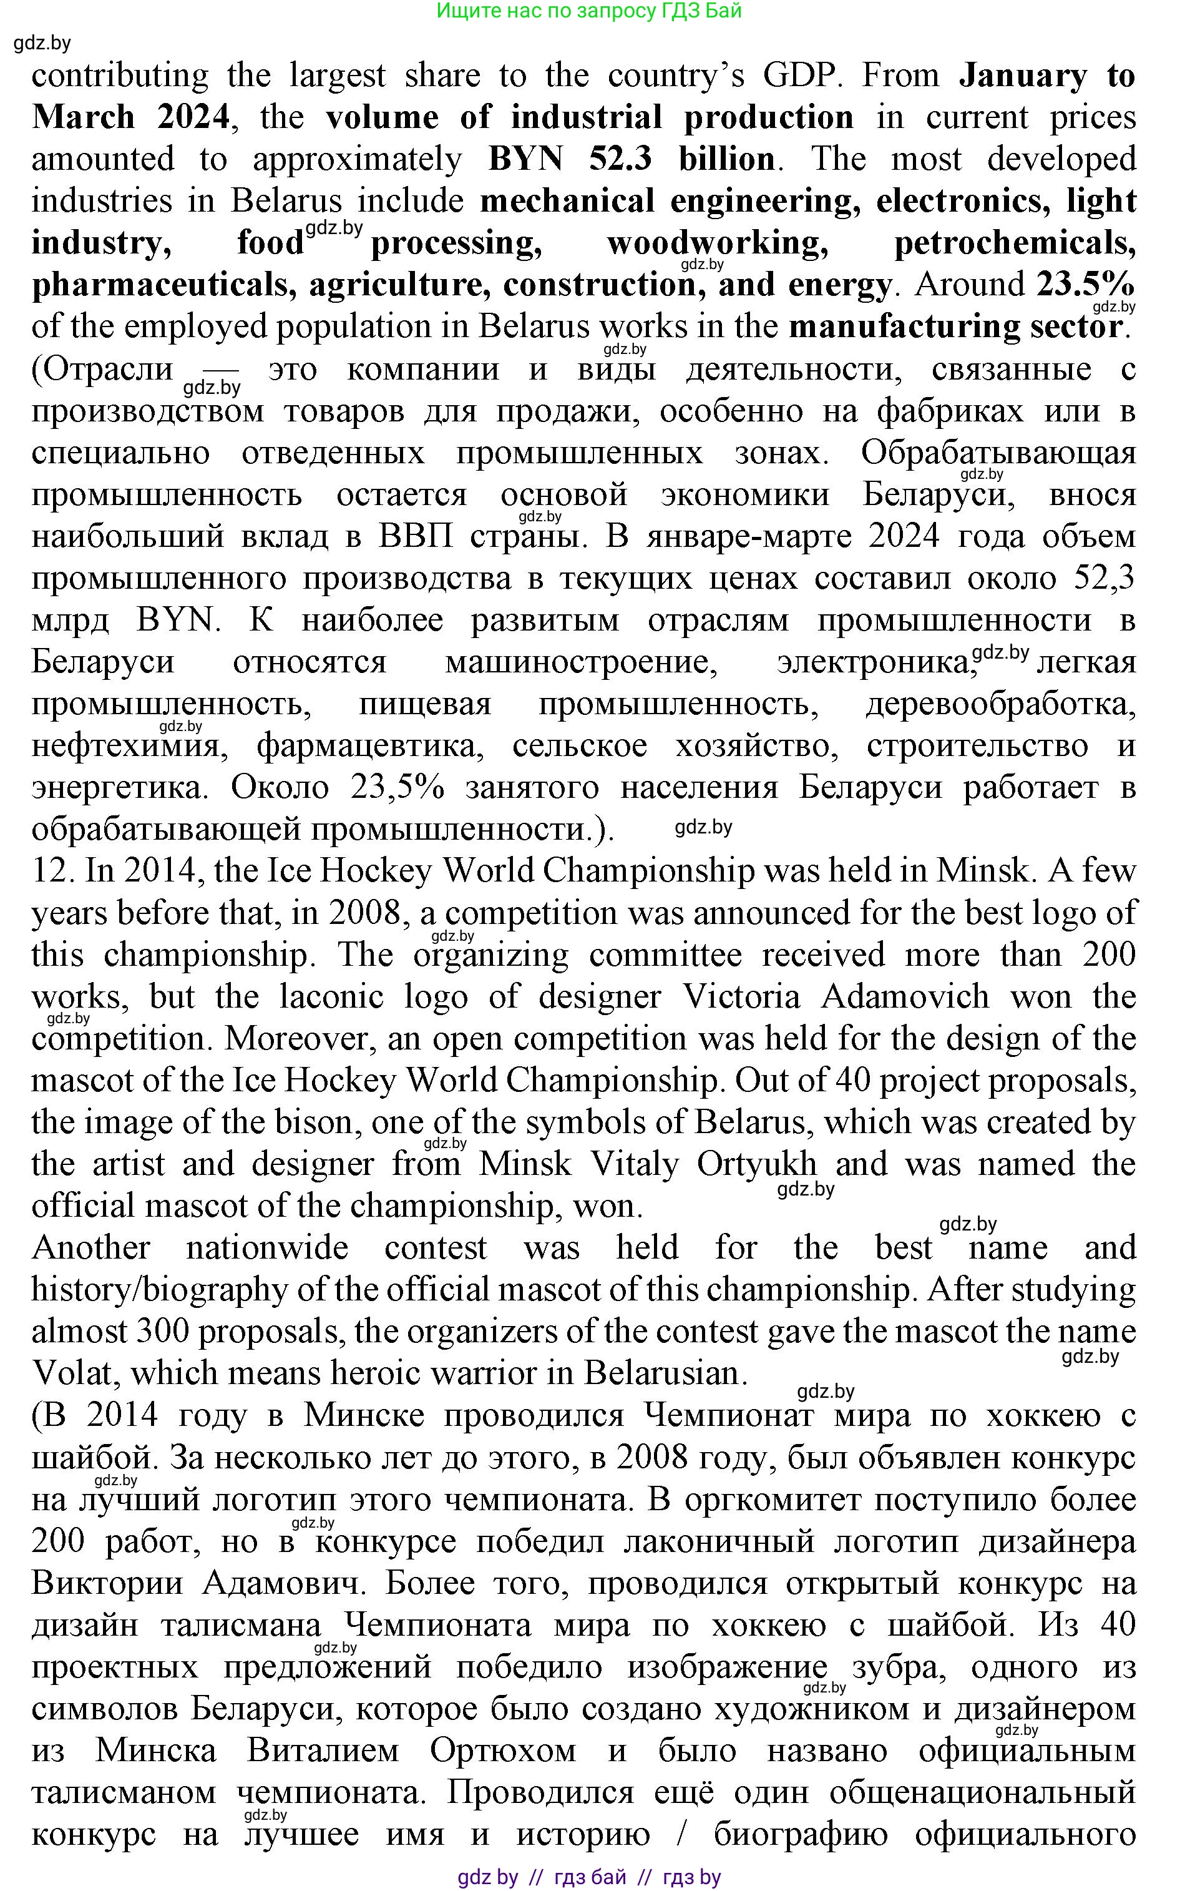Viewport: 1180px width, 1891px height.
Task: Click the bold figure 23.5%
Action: click(1085, 284)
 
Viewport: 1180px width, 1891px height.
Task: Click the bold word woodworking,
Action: click(717, 243)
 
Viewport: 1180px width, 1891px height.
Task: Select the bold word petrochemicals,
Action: click(1015, 243)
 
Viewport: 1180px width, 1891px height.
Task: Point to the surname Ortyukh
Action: click(756, 1164)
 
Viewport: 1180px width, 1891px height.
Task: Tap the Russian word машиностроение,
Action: click(582, 662)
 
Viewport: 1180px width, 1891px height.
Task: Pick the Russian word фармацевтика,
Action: click(371, 745)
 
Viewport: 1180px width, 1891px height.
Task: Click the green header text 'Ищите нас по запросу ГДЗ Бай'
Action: click(589, 11)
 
